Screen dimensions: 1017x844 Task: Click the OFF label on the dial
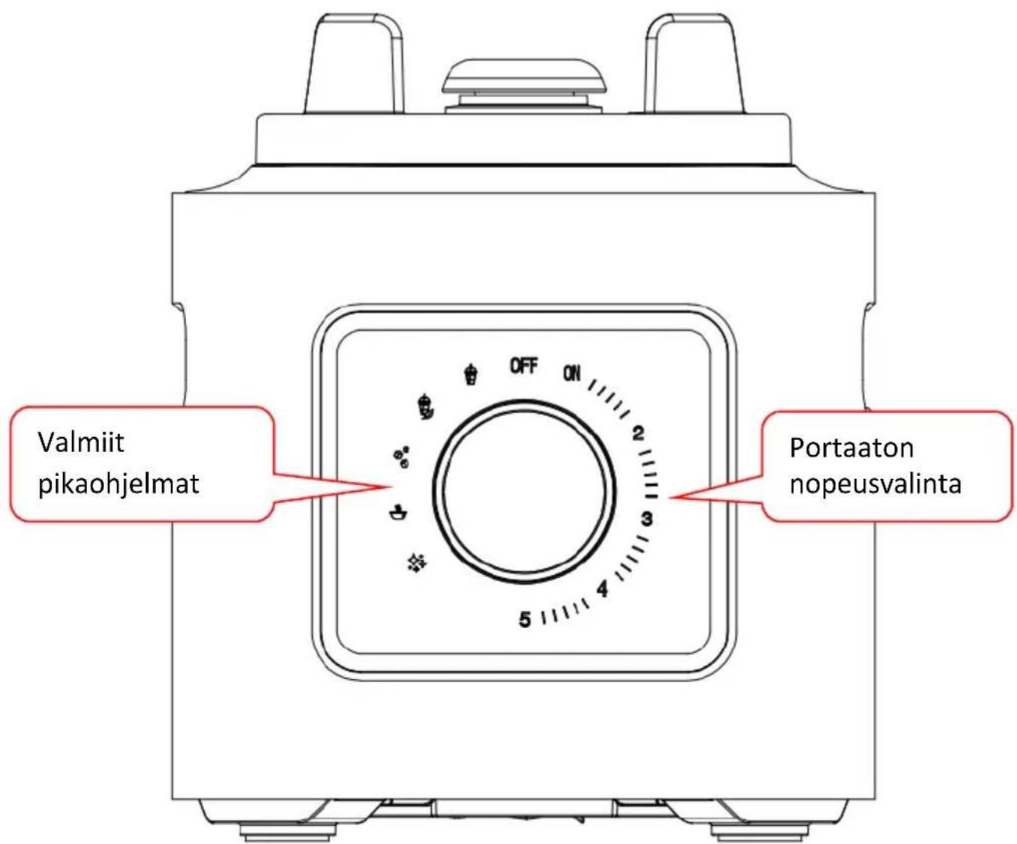[x=524, y=367]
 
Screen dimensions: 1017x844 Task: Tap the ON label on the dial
[x=572, y=373]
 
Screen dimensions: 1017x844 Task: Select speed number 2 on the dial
[x=638, y=433]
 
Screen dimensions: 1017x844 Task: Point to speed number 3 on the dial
[x=647, y=519]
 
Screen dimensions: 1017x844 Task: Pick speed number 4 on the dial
[x=603, y=589]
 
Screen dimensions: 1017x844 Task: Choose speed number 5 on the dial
[x=525, y=620]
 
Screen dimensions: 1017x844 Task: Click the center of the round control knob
[x=524, y=490]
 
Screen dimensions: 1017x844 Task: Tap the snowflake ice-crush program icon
[x=417, y=564]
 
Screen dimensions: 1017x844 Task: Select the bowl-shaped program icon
[x=399, y=513]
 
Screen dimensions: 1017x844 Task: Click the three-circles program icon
[x=402, y=457]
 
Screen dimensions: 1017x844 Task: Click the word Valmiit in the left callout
[x=81, y=442]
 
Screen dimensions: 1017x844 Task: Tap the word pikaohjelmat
[x=119, y=485]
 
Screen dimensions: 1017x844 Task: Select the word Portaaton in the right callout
[x=851, y=447]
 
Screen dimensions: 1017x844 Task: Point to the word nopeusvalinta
[x=876, y=484]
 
